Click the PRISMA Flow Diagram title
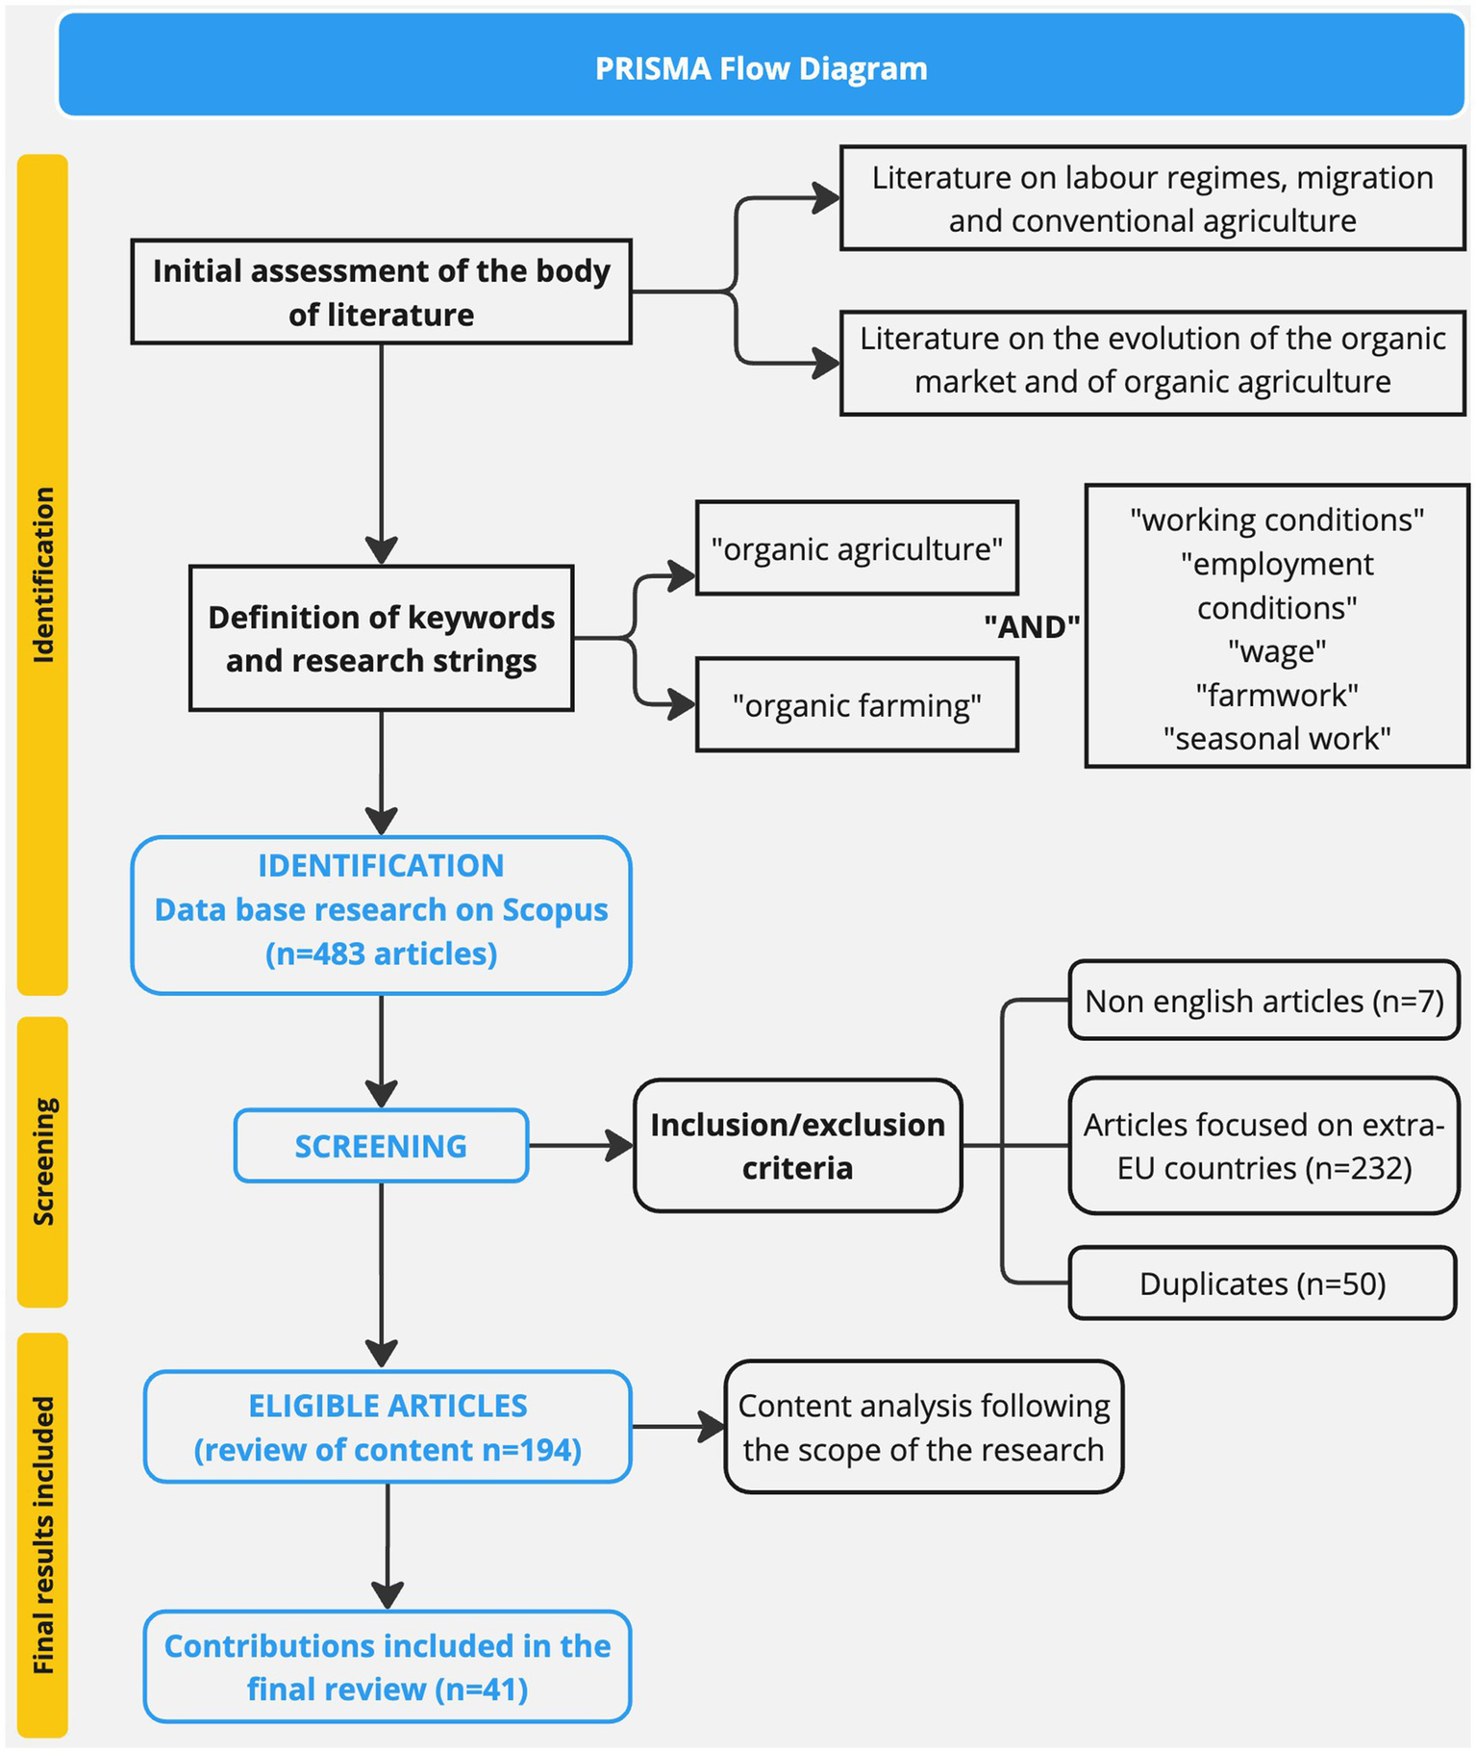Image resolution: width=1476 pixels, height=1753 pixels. (x=761, y=68)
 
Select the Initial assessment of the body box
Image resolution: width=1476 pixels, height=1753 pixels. (x=381, y=292)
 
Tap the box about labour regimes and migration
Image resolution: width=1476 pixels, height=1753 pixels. (x=1152, y=198)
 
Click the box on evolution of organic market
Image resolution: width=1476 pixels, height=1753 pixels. (x=1152, y=360)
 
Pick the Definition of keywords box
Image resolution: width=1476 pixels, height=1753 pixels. (x=381, y=638)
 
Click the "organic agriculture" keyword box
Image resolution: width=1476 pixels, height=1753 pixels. (x=856, y=548)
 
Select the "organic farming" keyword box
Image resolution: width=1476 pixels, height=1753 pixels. (x=856, y=705)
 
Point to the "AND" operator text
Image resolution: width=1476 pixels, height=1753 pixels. (x=1031, y=626)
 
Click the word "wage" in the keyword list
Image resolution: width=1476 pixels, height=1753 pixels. (x=1276, y=651)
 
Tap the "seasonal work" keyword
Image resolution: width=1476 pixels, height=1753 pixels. (x=1276, y=738)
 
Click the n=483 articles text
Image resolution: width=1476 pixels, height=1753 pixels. (x=381, y=953)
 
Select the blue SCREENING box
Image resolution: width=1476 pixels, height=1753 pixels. (x=381, y=1145)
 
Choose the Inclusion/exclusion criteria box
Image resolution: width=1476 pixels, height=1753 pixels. (x=797, y=1145)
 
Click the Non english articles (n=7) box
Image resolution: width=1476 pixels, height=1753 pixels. (x=1263, y=1001)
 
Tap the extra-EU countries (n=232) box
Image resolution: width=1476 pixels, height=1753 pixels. (x=1263, y=1145)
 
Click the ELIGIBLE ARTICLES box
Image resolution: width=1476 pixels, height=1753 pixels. (x=388, y=1427)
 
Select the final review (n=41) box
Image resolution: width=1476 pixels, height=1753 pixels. (x=388, y=1667)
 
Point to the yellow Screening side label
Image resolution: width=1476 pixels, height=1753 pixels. (x=42, y=1161)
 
